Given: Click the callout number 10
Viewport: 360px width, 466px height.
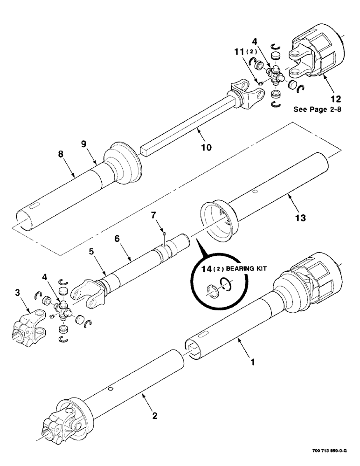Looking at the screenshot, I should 206,147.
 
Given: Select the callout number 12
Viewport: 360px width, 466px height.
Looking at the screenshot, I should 335,99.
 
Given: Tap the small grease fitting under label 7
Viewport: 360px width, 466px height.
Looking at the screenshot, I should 165,230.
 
